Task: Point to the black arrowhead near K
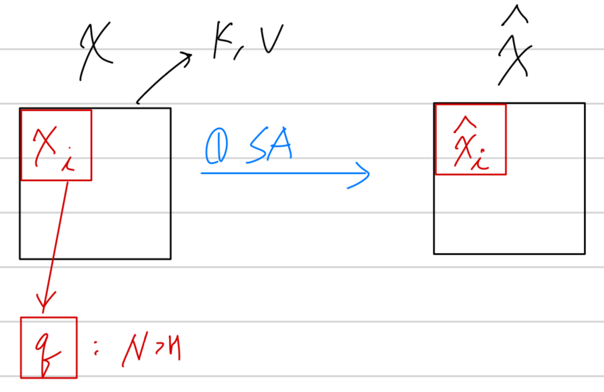click(187, 57)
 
